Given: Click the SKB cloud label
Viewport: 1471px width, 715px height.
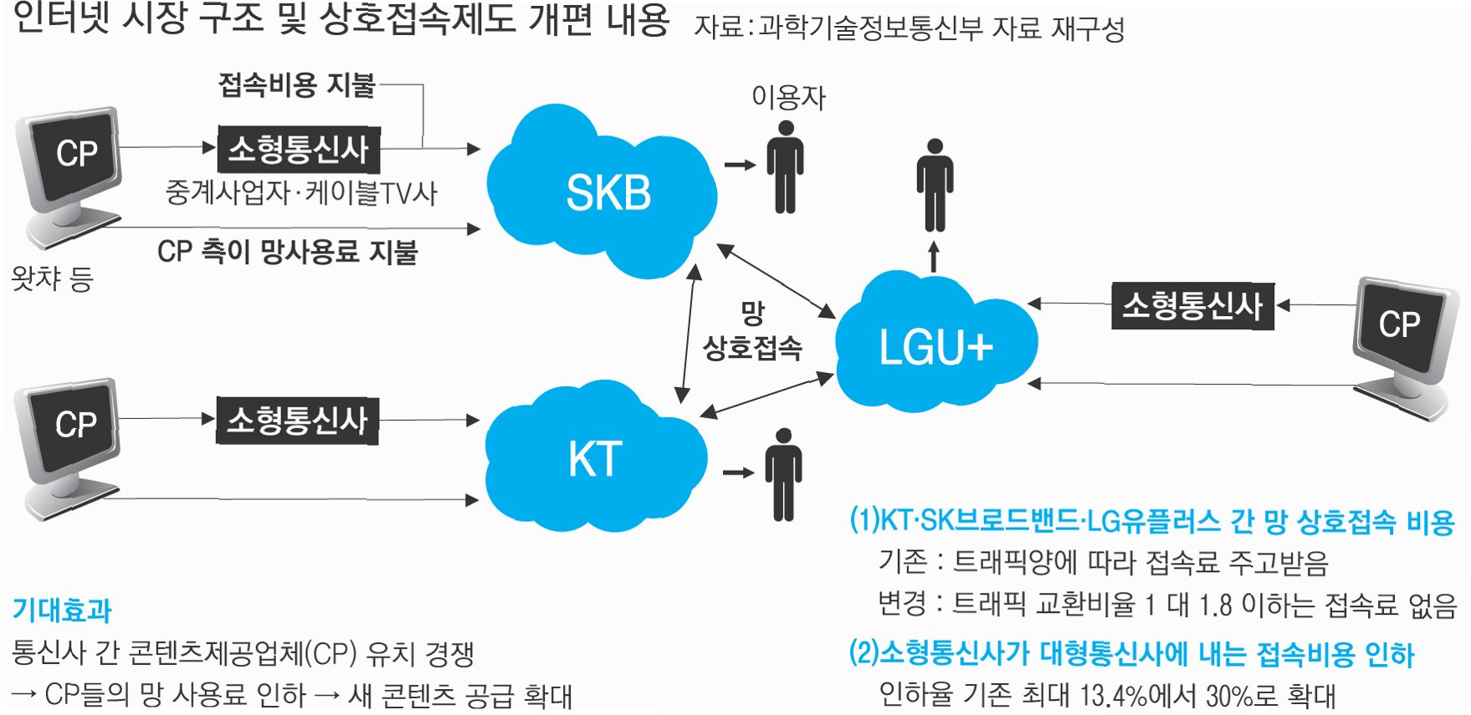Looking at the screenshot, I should [x=608, y=193].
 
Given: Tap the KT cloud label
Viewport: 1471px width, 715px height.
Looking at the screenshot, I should [x=595, y=459].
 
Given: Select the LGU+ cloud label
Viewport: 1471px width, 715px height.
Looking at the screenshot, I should [x=935, y=347].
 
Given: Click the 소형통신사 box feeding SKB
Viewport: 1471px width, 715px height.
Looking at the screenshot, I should [x=299, y=150].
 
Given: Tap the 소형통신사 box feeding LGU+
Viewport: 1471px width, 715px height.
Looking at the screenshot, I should [x=1192, y=306].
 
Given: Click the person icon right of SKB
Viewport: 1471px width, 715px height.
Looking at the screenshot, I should [x=785, y=167].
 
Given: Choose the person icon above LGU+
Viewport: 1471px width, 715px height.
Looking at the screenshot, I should [x=935, y=185].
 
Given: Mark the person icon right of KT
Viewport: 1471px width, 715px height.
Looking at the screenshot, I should [x=783, y=474].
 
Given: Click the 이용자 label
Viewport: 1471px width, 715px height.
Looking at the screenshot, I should [x=788, y=98].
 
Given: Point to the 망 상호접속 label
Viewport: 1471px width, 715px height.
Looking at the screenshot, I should [x=752, y=332].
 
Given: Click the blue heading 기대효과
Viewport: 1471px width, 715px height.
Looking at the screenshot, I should [x=62, y=610].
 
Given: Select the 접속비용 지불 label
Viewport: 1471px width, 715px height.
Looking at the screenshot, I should [x=297, y=84].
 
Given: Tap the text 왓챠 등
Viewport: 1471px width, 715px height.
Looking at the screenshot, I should [x=52, y=278].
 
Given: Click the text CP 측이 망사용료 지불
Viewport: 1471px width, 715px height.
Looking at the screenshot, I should [x=287, y=251].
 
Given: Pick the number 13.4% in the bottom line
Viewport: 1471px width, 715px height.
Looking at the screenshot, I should [x=1113, y=695].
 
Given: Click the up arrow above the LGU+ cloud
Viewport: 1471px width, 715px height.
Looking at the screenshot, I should [x=935, y=257].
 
